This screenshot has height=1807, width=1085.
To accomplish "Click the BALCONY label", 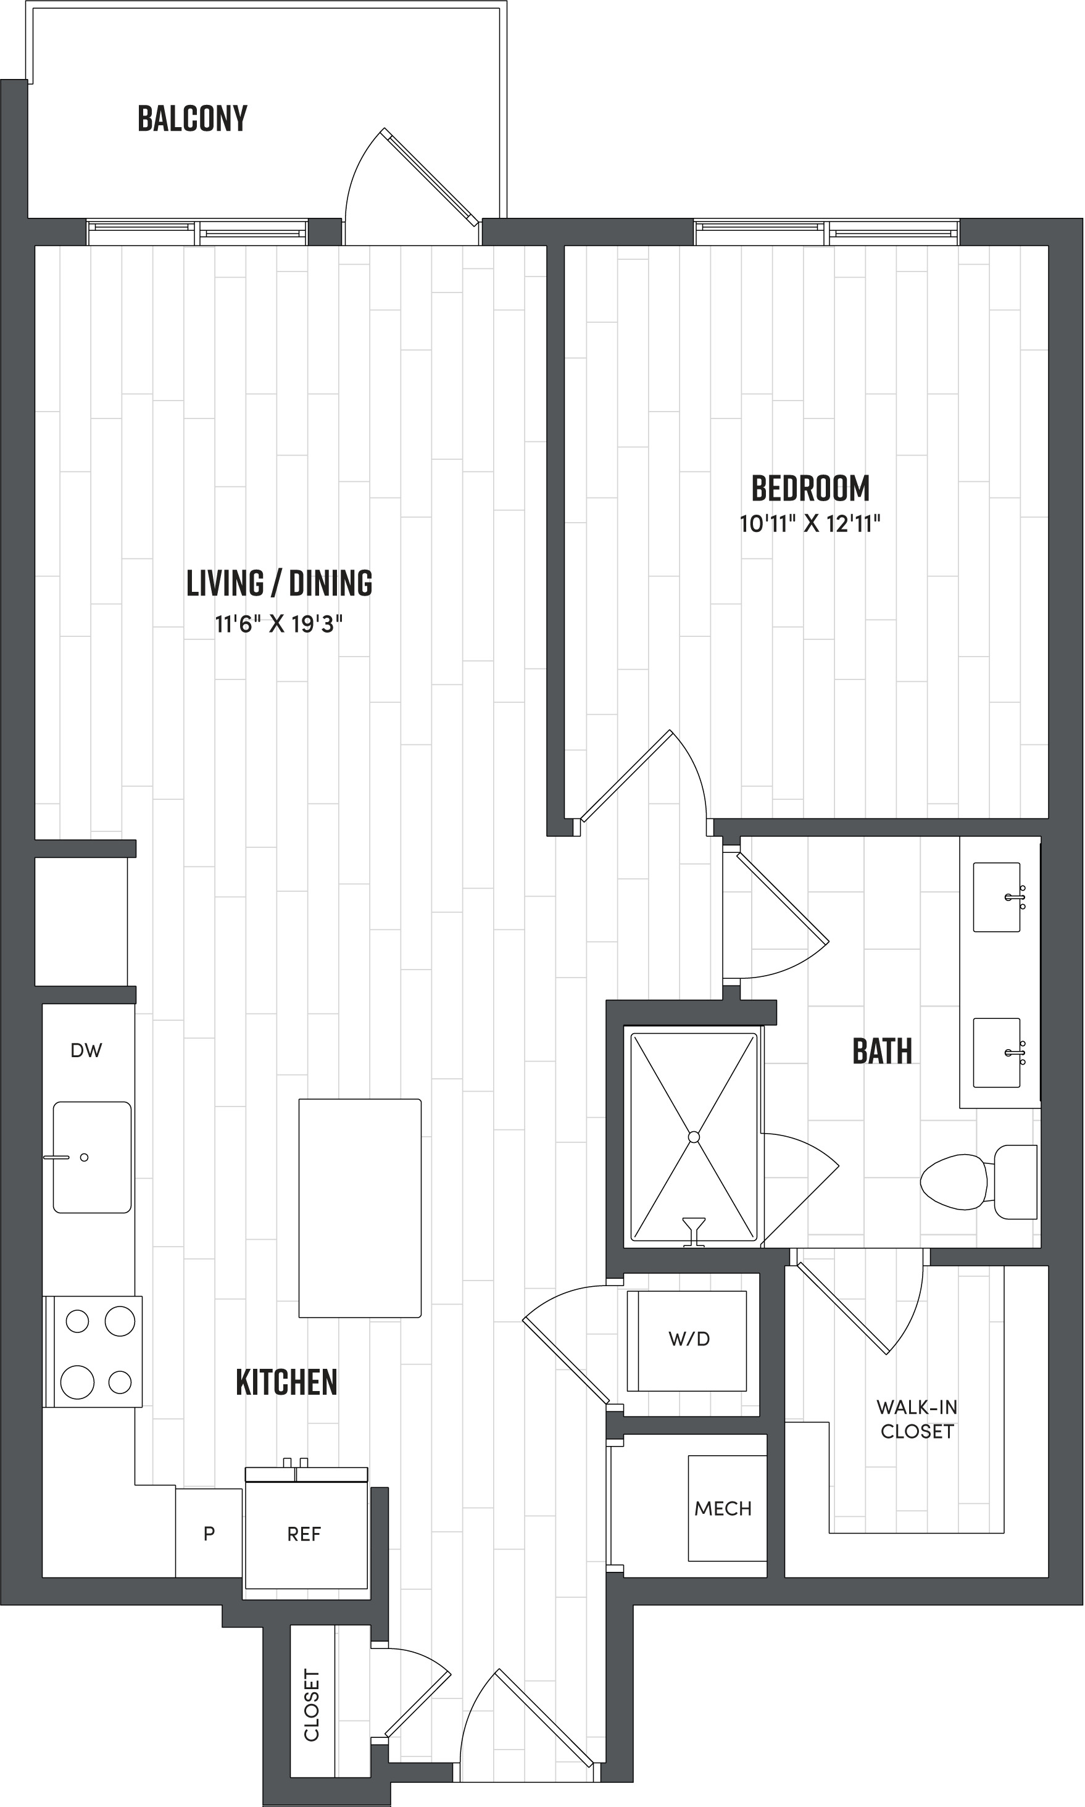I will coord(193,118).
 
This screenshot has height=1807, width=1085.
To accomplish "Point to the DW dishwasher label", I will coord(86,1050).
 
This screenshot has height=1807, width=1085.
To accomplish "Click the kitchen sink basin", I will coord(92,1157).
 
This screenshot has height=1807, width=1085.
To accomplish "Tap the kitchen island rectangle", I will coord(360,1208).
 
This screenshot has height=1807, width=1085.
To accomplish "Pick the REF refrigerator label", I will coord(304,1534).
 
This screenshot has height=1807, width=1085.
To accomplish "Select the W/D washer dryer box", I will coord(688,1339).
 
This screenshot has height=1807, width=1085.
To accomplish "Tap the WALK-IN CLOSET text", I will coord(917,1419).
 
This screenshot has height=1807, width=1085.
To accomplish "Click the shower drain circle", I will coord(694,1137).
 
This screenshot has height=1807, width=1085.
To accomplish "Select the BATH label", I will coord(882,1051).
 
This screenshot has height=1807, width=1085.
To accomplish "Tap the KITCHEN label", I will coord(286,1382).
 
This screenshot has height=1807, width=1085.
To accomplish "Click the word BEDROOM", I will coord(810,488).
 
